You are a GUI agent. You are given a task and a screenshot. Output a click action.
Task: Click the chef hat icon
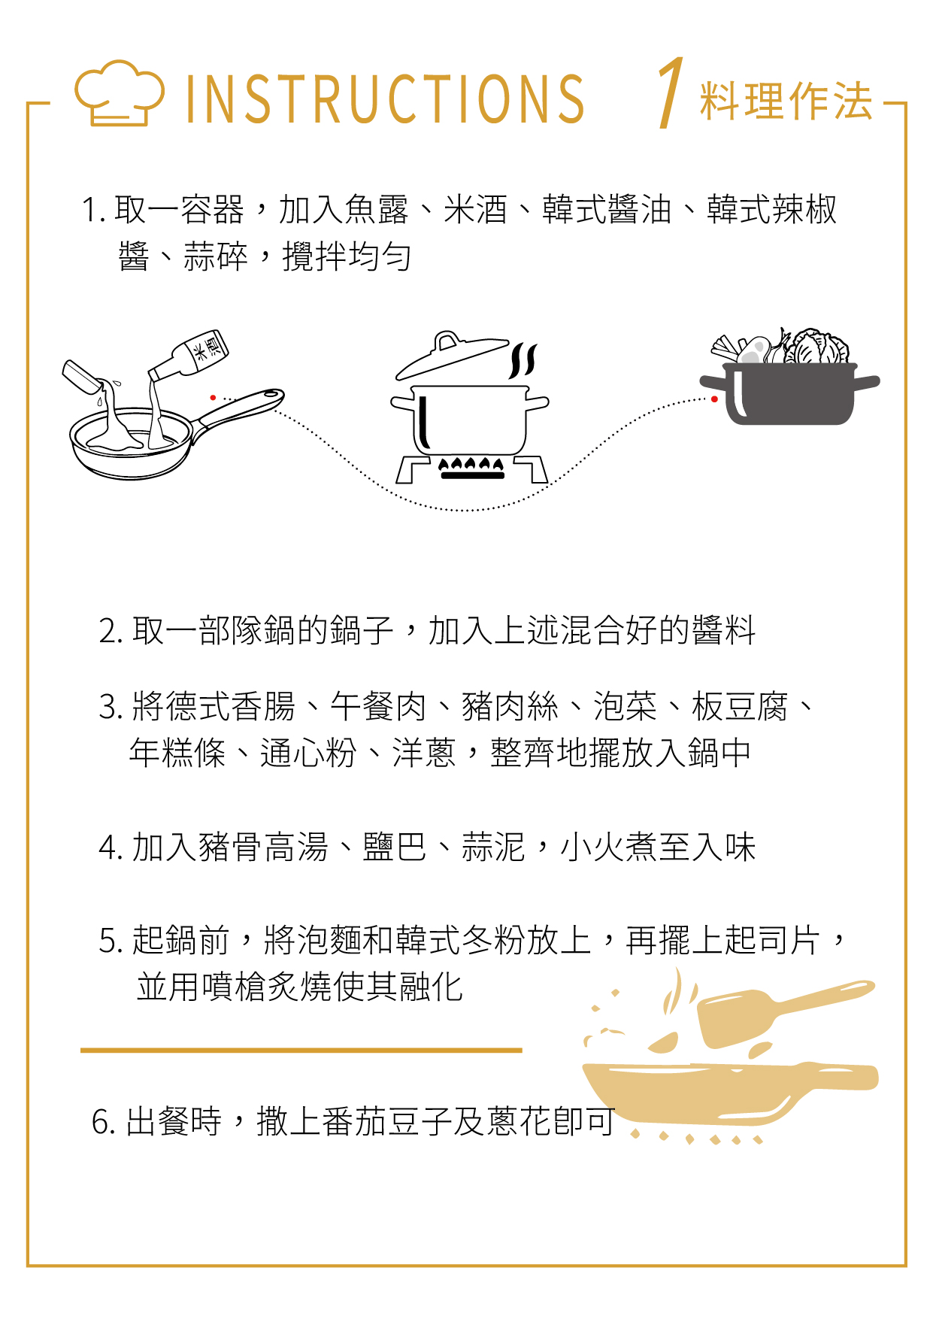click(119, 93)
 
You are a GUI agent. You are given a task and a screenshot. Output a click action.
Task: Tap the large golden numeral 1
click(671, 92)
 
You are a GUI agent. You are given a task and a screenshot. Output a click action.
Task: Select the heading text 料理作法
click(786, 101)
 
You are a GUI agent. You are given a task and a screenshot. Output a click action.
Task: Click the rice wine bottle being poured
click(189, 354)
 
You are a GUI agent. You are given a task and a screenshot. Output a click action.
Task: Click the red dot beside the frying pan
click(214, 398)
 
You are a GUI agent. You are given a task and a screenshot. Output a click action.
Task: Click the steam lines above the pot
click(523, 361)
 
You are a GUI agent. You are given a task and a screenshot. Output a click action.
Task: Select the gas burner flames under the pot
click(471, 468)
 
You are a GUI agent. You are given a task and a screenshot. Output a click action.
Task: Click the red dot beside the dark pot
click(714, 399)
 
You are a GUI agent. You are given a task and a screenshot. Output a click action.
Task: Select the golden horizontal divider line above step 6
click(301, 1050)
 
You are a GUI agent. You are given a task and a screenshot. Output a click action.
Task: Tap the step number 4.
click(110, 848)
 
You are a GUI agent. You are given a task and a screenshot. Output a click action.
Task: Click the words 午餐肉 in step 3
click(378, 707)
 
